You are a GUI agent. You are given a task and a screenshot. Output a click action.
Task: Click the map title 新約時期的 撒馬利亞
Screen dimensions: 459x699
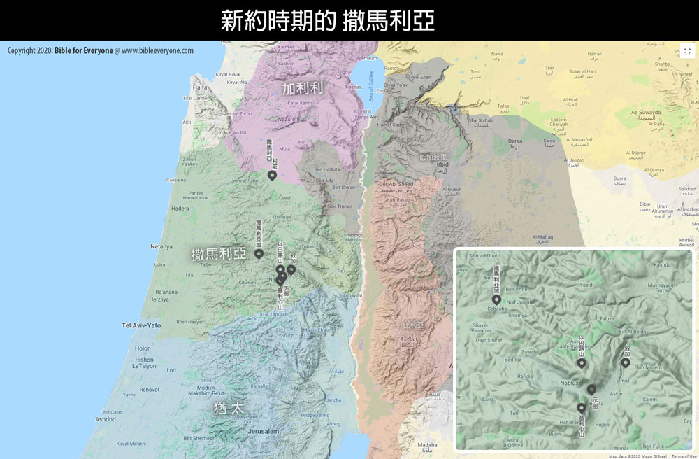pos(328,20)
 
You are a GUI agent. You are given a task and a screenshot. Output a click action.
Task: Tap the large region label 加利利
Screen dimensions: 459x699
pos(303,89)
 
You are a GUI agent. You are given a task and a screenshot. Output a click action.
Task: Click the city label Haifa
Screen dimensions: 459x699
pos(200,87)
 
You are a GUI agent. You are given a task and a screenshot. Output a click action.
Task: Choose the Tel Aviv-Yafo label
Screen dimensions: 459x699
pos(141,325)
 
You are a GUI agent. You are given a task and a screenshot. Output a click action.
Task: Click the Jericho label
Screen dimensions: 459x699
pos(334,400)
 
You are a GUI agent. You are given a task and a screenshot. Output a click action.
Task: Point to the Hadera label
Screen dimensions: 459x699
pos(180,209)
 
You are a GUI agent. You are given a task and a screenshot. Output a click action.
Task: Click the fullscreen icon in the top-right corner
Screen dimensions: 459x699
pos(687,51)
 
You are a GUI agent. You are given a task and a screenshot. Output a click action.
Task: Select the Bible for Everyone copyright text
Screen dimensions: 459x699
pos(84,51)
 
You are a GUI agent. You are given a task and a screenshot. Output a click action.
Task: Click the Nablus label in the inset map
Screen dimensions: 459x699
pos(570,383)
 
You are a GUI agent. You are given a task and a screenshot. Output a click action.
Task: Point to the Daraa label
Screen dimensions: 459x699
pos(515,141)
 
